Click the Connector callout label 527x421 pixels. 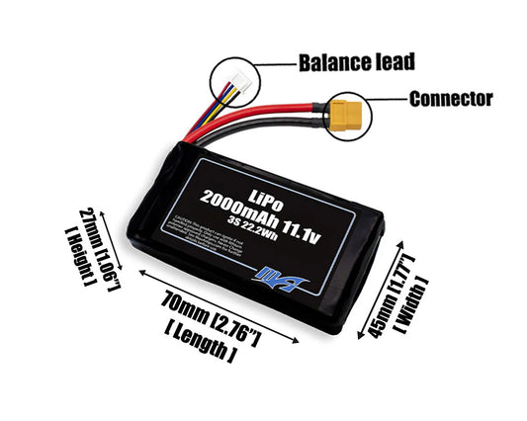pos(449,99)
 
